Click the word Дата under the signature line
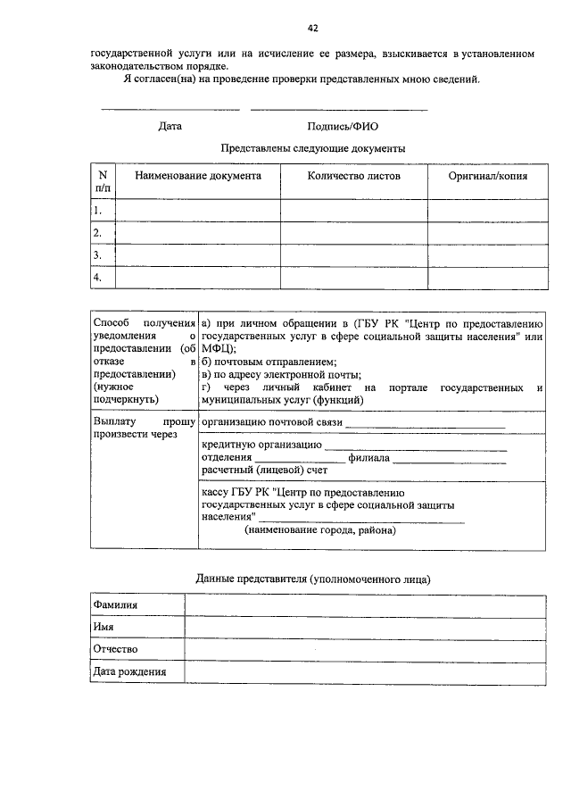pos(170,127)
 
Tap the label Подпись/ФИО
pos(342,127)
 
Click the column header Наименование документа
pos(198,176)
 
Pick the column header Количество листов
pos(354,176)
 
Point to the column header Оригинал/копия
pos(488,176)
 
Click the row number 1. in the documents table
pos(98,211)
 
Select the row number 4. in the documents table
pos(98,278)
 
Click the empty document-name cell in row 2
pos(198,233)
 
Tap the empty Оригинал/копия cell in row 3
pos(488,255)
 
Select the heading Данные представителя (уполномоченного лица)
pos(312,579)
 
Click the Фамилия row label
pos(116,605)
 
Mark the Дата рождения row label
pos(129,671)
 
